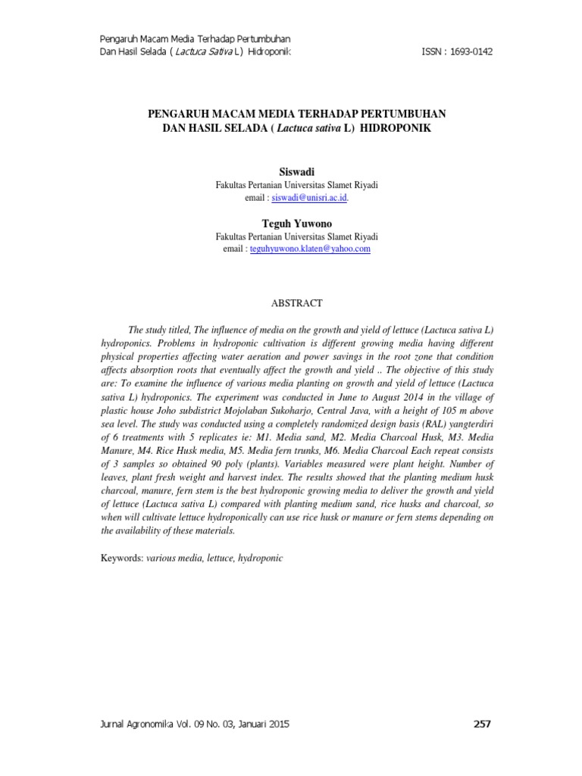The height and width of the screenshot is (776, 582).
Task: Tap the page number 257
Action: coord(482,724)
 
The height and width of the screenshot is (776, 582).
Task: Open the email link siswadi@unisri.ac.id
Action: coord(309,197)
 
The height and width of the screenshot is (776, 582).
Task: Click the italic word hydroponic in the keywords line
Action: coord(260,558)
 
